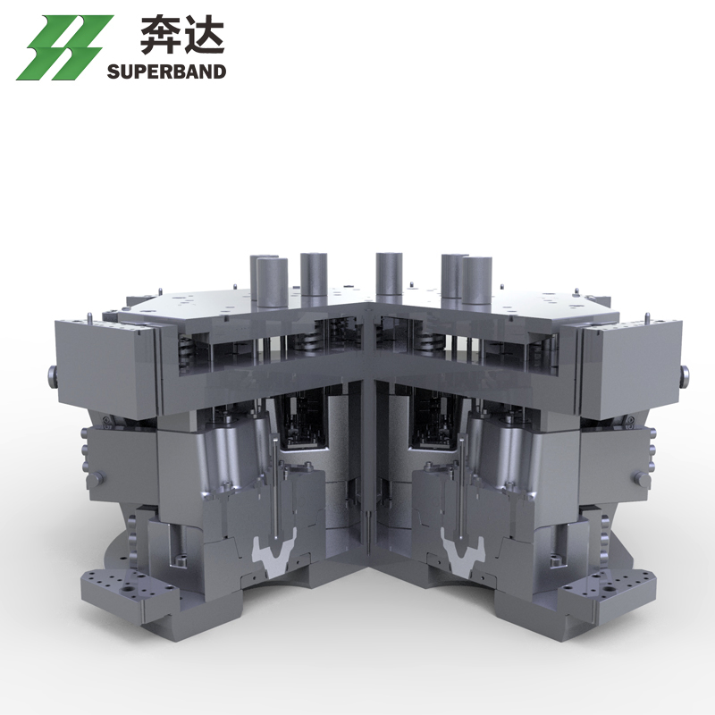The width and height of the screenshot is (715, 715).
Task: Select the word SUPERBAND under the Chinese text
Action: tap(167, 71)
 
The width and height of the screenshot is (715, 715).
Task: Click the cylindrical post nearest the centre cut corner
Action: tap(388, 277)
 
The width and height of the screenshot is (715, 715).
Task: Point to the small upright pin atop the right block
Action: tap(647, 317)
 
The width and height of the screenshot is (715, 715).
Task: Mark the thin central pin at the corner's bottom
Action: tap(368, 526)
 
